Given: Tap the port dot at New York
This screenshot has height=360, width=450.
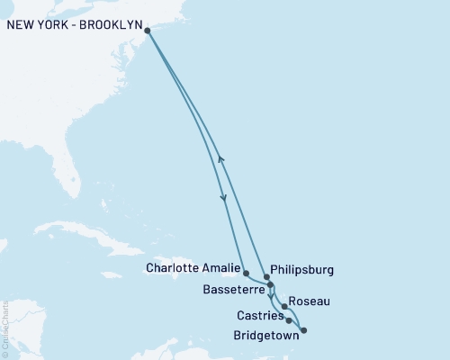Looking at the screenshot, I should click(148, 30).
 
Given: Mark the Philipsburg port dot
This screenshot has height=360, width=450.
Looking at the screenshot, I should click(266, 277).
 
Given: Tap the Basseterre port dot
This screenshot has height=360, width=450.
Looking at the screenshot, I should click(270, 284).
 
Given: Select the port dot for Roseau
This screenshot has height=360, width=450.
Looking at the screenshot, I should click(284, 307).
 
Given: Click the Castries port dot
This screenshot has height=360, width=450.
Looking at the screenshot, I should click(289, 319).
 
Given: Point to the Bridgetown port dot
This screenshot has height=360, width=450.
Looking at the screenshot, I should click(302, 330).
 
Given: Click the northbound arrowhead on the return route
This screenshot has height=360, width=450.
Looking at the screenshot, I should click(220, 159).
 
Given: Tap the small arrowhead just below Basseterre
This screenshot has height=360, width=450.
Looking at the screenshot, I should click(272, 295).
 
